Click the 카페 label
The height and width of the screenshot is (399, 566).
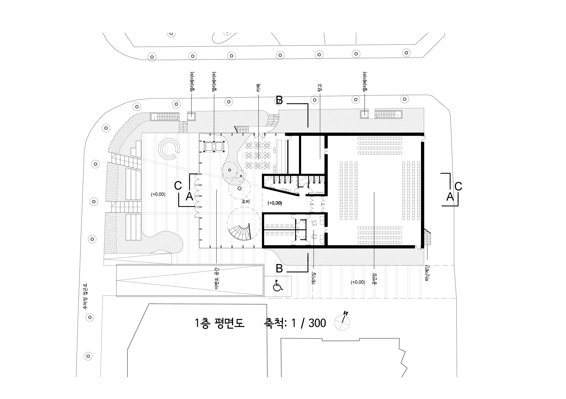pyautogui.click(x=258, y=88)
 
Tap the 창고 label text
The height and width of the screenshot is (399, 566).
pyautogui.click(x=320, y=88)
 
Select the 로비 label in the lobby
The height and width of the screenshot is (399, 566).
pyautogui.click(x=246, y=201)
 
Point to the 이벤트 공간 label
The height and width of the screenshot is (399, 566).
pyautogui.click(x=217, y=279)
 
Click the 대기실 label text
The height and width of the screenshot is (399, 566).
pyautogui.click(x=313, y=278)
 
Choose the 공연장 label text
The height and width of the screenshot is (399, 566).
pyautogui.click(x=374, y=279)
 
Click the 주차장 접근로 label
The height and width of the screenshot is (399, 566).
pyautogui.click(x=85, y=296)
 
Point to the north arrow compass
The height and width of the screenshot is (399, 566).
pyautogui.click(x=342, y=321)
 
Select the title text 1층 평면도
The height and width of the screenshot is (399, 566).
pyautogui.click(x=219, y=323)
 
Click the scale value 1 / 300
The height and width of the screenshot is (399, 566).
pyautogui.click(x=309, y=323)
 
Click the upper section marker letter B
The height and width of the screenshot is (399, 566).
pyautogui.click(x=279, y=100)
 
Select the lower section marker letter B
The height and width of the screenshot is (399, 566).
pyautogui.click(x=279, y=269)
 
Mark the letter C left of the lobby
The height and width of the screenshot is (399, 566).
pyautogui.click(x=178, y=186)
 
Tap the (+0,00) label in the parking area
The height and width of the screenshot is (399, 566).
pyautogui.click(x=358, y=282)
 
